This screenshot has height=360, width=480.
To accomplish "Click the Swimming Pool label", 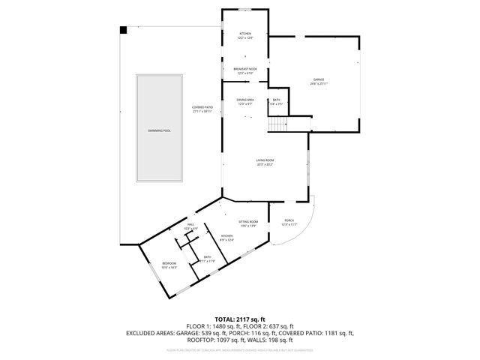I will [x=158, y=130].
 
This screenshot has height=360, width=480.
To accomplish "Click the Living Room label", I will [x=265, y=162].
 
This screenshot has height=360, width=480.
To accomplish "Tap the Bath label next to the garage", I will [x=276, y=102].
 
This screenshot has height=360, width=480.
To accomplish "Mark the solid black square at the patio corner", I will [x=124, y=29].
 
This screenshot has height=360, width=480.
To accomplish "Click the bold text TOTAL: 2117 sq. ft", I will [x=239, y=319].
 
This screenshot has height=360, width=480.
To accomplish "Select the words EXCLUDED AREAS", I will [x=153, y=333].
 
